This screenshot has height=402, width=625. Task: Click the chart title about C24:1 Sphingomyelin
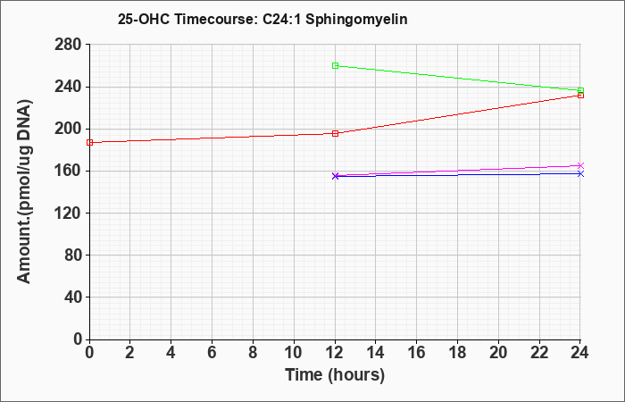tap(262, 19)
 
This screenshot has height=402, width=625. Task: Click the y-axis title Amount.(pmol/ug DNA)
tap(24, 191)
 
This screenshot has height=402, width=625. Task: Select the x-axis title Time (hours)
tap(335, 375)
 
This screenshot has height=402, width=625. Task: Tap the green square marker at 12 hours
tap(335, 66)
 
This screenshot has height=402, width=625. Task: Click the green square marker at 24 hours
tap(580, 91)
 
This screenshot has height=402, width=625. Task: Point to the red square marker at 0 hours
tap(89, 142)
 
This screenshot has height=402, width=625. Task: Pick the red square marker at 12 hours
tap(335, 134)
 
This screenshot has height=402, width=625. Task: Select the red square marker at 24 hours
tap(580, 95)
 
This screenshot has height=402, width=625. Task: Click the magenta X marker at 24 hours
tap(580, 165)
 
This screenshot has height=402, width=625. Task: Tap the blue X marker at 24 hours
tap(580, 173)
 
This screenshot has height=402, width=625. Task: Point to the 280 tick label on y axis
tap(68, 45)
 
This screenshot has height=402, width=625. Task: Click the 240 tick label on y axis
tap(68, 87)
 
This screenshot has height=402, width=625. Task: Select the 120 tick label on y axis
tap(68, 213)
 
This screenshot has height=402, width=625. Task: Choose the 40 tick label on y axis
tap(72, 297)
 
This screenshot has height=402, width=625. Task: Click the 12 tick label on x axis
tap(335, 353)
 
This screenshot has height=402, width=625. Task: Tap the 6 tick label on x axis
tap(212, 353)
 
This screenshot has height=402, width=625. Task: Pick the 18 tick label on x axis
tap(457, 353)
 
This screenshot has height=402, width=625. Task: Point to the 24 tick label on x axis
tap(580, 353)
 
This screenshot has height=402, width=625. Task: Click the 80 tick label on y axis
tap(72, 255)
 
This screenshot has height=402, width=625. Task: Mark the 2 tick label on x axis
tap(130, 353)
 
